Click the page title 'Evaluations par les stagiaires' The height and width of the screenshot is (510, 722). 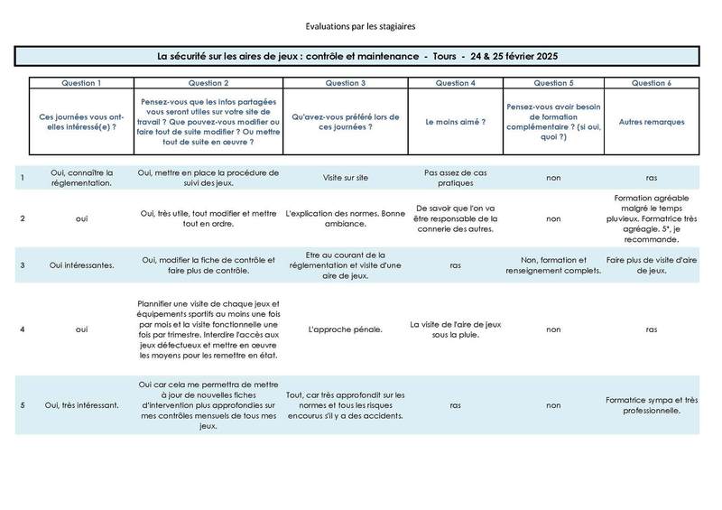point(360,28)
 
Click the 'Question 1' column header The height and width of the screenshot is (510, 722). point(81,82)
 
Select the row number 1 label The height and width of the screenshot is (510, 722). point(22,178)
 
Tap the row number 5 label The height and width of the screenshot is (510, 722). point(22,403)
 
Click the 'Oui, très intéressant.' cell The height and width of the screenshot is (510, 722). point(81,403)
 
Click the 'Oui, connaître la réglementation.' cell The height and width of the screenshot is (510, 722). point(81,178)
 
